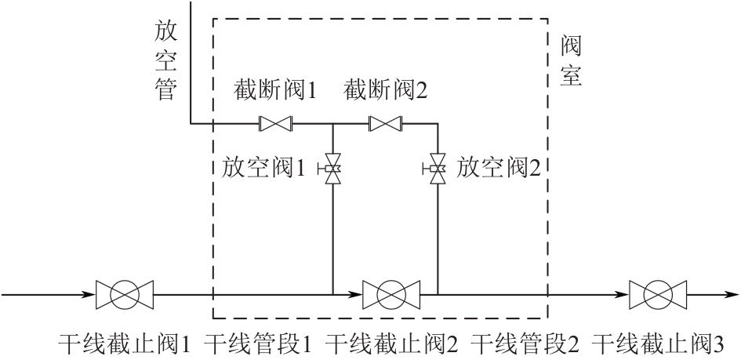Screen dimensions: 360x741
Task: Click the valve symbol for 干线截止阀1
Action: [x=124, y=295]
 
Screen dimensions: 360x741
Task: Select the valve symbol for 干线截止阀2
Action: [x=390, y=295]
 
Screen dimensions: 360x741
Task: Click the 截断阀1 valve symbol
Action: [x=275, y=123]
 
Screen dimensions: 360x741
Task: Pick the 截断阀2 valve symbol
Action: [x=385, y=123]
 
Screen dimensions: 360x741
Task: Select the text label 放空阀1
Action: [x=262, y=167]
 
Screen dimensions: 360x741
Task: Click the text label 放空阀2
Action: [x=499, y=167]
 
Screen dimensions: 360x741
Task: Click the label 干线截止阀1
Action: [x=125, y=344]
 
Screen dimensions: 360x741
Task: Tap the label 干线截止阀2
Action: [x=391, y=344]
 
